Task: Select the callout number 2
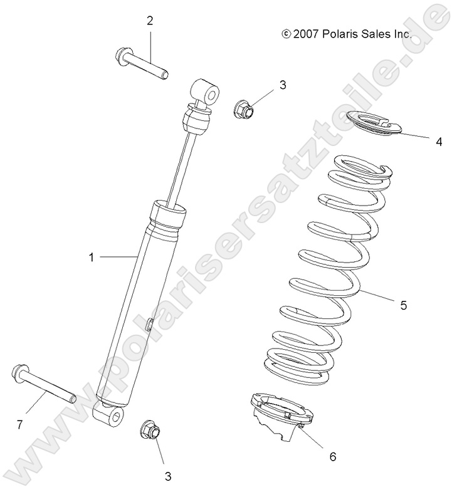[150, 21]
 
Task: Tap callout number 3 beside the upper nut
[282, 85]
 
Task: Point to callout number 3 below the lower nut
[167, 476]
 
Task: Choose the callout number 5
[404, 305]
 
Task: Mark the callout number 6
[333, 456]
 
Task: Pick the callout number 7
[19, 425]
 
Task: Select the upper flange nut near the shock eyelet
[243, 110]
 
